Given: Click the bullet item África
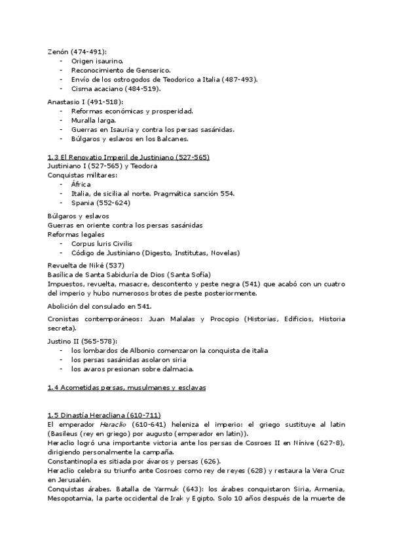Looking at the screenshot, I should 82,185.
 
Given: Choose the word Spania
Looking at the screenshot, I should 83,203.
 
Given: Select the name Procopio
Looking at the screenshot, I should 223,319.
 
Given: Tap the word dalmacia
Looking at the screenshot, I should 176,369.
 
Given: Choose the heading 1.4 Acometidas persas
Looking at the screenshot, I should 126,387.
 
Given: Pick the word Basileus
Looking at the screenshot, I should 64,433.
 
